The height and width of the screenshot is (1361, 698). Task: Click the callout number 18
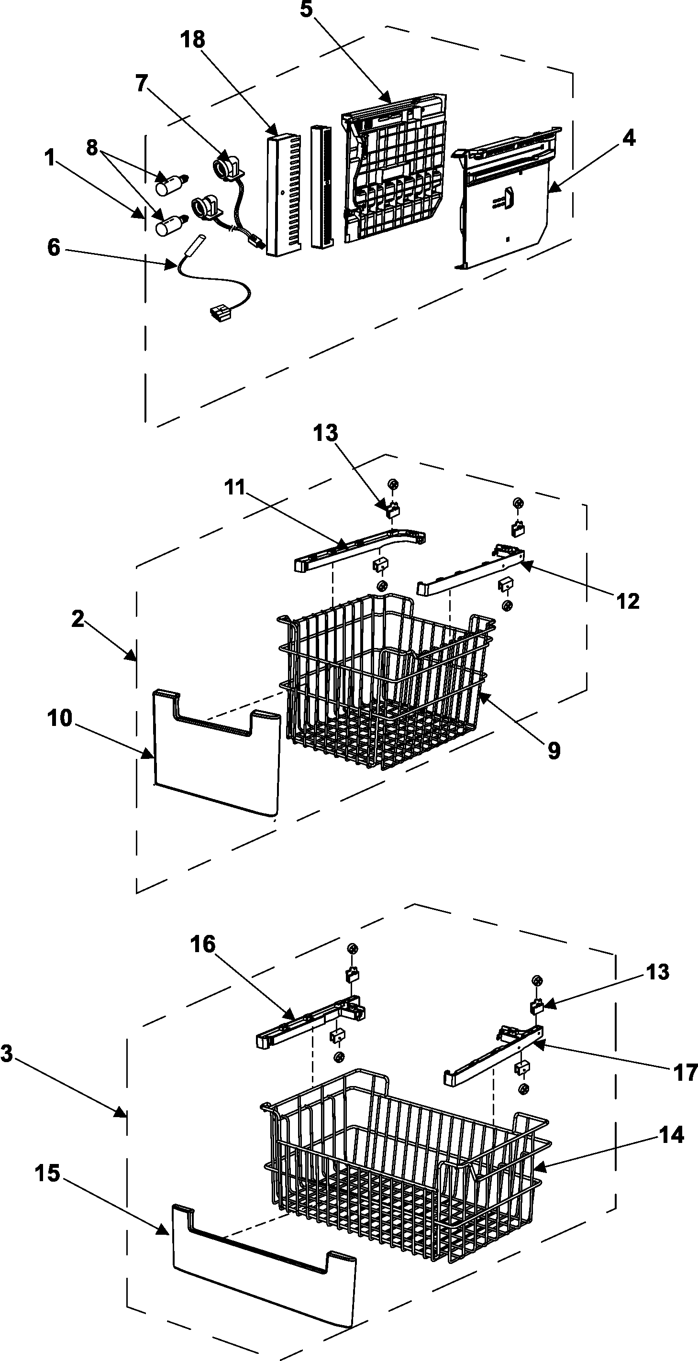point(193,40)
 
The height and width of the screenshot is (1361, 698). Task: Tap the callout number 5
point(307,10)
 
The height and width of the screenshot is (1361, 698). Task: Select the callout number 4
point(628,138)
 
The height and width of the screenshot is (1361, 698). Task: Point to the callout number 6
point(54,247)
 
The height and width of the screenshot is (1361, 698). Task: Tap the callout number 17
point(685,1073)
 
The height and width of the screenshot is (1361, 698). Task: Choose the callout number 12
point(628,601)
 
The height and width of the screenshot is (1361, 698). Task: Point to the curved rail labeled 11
point(359,552)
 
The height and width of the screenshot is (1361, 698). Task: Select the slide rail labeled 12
point(470,573)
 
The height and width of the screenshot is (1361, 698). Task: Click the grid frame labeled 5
point(394,169)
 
